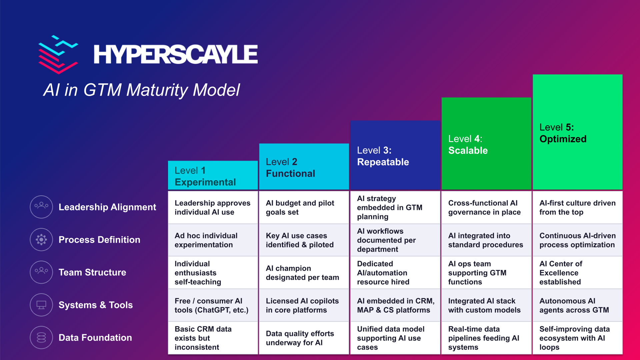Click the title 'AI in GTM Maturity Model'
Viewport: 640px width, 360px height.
coord(142,90)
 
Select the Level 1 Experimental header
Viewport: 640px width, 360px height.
coord(205,176)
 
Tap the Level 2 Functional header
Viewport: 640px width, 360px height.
coord(290,168)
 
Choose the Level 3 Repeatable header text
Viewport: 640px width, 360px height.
coord(383,156)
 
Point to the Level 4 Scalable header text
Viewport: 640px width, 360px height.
coord(468,145)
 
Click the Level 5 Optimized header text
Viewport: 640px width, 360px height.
coord(563,133)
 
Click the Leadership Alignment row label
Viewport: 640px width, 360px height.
coord(107,207)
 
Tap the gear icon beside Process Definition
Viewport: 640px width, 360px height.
coord(41,240)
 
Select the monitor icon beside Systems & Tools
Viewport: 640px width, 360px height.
coord(41,305)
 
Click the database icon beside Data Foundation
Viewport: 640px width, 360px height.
coord(41,338)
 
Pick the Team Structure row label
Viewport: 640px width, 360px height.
coord(92,272)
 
